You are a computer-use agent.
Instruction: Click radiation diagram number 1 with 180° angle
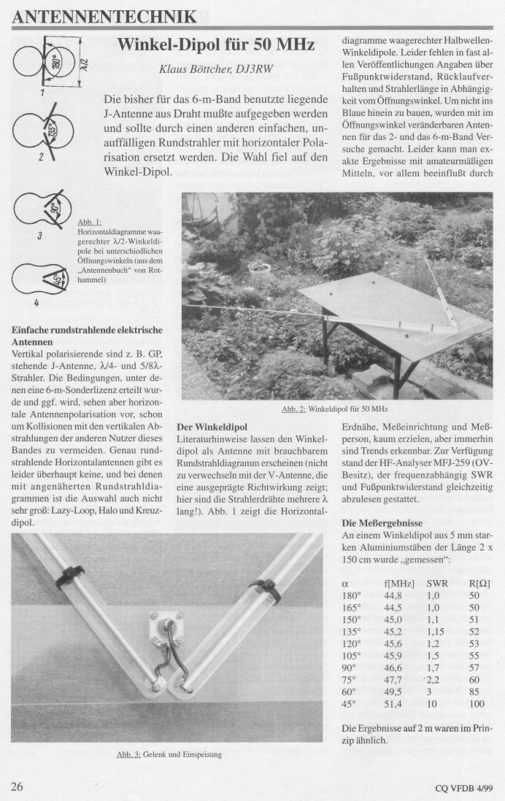click(x=43, y=63)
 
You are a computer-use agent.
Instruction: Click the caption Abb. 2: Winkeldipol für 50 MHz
click(x=334, y=409)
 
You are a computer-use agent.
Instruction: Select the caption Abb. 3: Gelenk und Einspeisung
click(x=169, y=754)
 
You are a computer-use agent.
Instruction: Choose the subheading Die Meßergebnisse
click(x=381, y=523)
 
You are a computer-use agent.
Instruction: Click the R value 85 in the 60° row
click(x=475, y=692)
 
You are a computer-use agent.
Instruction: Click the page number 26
click(x=18, y=786)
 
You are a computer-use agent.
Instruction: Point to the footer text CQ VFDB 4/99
click(x=463, y=788)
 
